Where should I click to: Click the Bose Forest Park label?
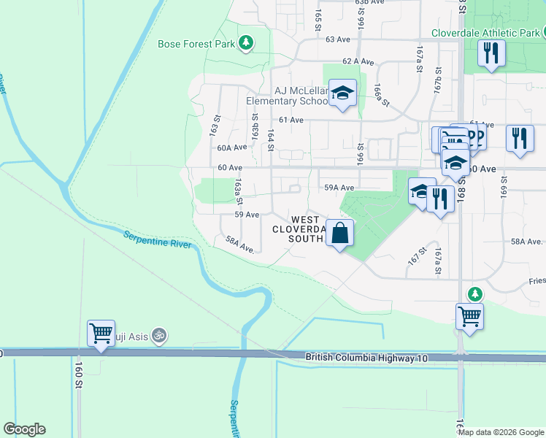(196, 44)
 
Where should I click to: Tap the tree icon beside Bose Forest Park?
(247, 43)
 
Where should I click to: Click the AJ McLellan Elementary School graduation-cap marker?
(342, 93)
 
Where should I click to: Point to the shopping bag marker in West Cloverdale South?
(340, 234)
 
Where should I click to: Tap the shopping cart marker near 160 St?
(101, 334)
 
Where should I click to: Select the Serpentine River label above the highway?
(156, 239)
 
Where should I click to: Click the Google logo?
(24, 429)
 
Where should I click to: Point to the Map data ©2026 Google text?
(500, 432)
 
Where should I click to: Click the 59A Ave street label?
(339, 188)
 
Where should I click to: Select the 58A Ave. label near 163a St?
(239, 244)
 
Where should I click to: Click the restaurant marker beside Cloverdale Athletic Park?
(491, 53)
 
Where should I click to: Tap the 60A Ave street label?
(229, 147)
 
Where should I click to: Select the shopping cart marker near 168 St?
(469, 317)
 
